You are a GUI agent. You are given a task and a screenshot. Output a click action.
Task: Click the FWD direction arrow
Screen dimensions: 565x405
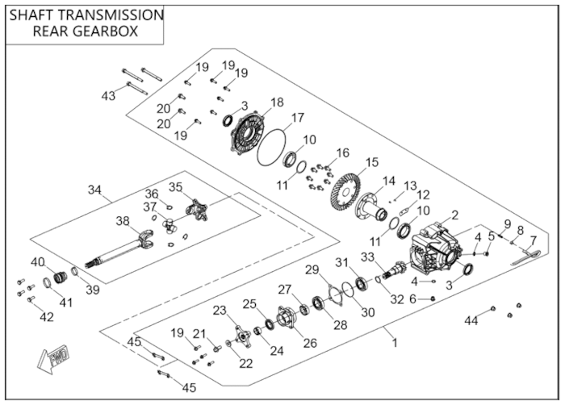[52, 359]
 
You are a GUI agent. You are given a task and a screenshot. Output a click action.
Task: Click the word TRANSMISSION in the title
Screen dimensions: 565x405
[111, 15]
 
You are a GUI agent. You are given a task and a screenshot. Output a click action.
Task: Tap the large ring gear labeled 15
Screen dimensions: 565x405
[346, 190]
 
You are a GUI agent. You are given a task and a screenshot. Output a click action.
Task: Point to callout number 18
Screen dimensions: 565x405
[277, 102]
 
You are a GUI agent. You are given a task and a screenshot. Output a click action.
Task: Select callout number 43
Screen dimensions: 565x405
[108, 96]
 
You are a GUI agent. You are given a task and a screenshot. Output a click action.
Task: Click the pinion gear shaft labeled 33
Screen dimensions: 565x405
[396, 269]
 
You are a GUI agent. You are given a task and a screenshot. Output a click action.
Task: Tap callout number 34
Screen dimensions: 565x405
[94, 190]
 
